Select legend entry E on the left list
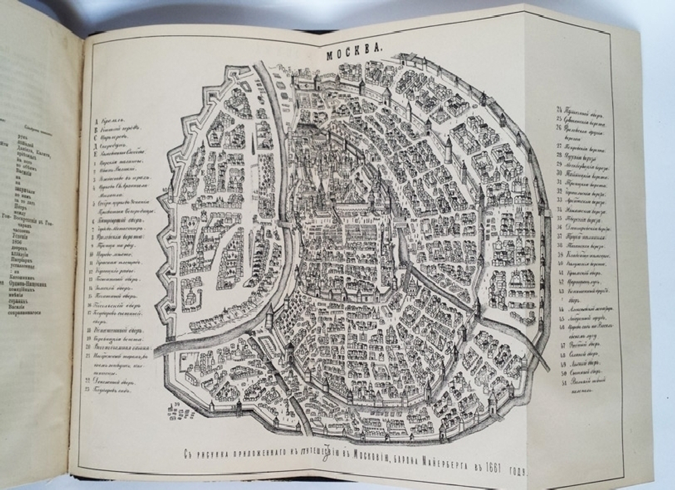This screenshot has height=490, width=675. click(122, 155)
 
